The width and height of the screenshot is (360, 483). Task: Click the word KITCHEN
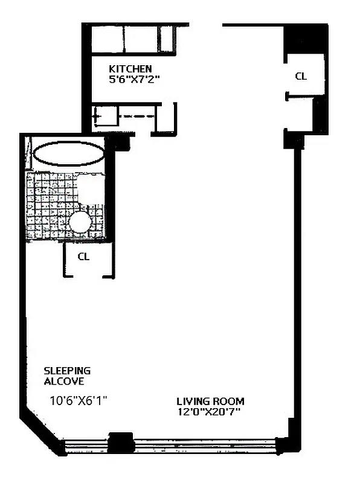click(130, 69)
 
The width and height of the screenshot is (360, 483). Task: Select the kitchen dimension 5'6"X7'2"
click(133, 79)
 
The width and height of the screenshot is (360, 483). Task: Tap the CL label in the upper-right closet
click(300, 76)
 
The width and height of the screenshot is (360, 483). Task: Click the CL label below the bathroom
click(84, 256)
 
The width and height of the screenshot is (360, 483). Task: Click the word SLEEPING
click(67, 370)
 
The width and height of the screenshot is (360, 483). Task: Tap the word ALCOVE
click(63, 382)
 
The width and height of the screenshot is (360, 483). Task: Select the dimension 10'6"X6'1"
click(78, 400)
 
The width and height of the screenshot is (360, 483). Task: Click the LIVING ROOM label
click(210, 401)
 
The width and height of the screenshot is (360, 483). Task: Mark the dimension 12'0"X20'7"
click(210, 412)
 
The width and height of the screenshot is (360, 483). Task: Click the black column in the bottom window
click(120, 443)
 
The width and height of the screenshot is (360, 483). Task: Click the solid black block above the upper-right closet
click(306, 40)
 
